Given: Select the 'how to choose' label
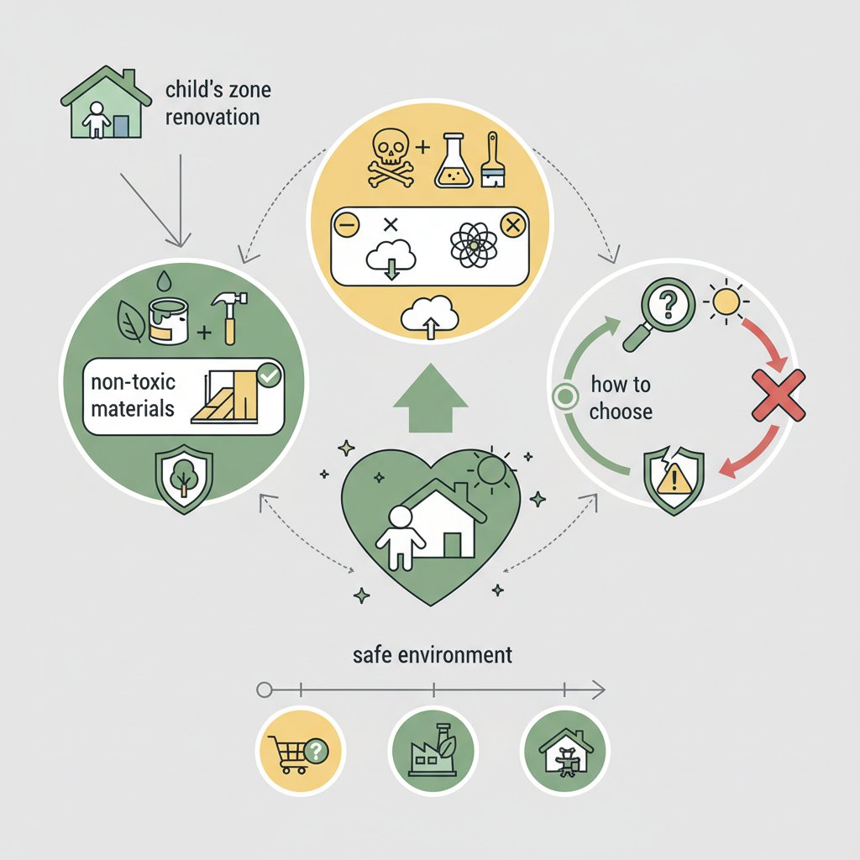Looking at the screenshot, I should (x=621, y=398).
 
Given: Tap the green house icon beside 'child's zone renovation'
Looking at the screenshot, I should (x=99, y=103).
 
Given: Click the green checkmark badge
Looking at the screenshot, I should (x=268, y=375).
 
